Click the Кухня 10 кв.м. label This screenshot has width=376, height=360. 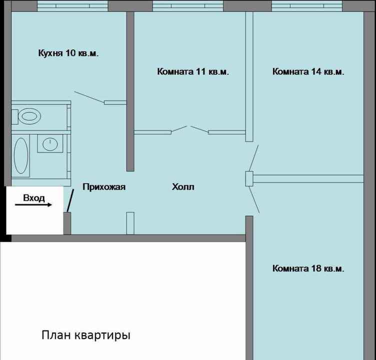(68, 53)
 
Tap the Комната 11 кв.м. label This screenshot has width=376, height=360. (193, 71)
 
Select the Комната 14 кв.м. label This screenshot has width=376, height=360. (308, 71)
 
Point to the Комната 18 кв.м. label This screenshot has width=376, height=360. (308, 268)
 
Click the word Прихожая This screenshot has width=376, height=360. (104, 187)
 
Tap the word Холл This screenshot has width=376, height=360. (183, 187)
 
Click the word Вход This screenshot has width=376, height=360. (34, 198)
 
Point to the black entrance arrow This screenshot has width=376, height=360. (33, 204)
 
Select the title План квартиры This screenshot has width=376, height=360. (86, 335)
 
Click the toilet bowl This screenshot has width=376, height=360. (29, 116)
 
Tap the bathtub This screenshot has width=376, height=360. (21, 155)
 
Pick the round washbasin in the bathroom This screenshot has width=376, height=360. (50, 144)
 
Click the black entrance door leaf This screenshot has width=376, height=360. (70, 200)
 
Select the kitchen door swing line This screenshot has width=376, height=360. (89, 97)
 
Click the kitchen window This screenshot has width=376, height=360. (72, 6)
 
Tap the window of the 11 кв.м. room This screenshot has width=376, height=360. (188, 6)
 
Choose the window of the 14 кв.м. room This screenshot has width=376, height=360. (307, 6)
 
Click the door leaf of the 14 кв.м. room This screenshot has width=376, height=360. (253, 158)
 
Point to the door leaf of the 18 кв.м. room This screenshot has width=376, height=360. (254, 199)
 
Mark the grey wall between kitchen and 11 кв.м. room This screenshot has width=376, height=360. (130, 91)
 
